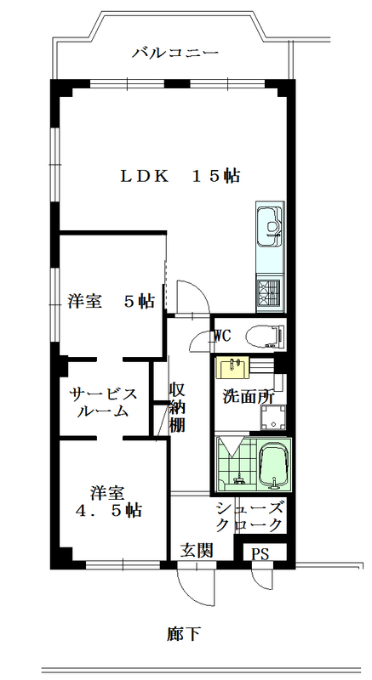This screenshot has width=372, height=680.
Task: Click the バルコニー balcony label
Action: [x=176, y=53]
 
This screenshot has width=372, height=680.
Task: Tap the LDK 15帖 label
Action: [x=180, y=176]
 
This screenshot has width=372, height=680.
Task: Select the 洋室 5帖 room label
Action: [x=111, y=301]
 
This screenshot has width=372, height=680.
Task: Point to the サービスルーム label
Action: [x=103, y=402]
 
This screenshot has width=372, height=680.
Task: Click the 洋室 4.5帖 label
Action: [x=109, y=501]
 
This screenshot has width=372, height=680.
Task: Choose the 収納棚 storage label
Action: [x=177, y=408]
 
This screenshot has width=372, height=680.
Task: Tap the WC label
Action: [x=222, y=335]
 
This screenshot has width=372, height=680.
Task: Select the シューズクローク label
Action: [x=251, y=516]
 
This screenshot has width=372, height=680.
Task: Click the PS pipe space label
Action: [x=260, y=552]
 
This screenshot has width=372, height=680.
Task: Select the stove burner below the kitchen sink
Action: [x=270, y=291]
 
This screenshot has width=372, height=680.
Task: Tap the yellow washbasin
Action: [x=232, y=368]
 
